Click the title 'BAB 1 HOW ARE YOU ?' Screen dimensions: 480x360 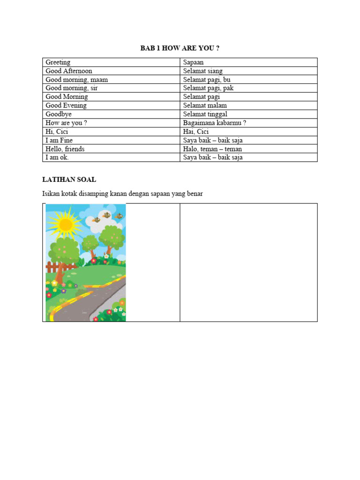pos(180,48)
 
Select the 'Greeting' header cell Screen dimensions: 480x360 pos(58,62)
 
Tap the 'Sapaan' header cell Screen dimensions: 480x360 pos(194,62)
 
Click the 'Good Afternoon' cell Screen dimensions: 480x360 pos(69,71)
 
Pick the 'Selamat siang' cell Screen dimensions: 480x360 pos(203,71)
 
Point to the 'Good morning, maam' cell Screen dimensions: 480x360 pos(76,80)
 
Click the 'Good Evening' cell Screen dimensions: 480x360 pos(66,105)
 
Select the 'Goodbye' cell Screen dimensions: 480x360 pos(59,114)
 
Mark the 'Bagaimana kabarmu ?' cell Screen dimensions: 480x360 pos(214,123)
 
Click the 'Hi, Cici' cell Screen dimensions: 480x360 pos(57,131)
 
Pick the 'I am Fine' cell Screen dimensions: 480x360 pos(59,140)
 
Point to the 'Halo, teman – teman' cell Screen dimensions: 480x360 pos(212,149)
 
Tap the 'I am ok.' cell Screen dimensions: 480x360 pos(57,157)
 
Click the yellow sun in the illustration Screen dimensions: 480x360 pos(66,225)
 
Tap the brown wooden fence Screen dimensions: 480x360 pos(57,268)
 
